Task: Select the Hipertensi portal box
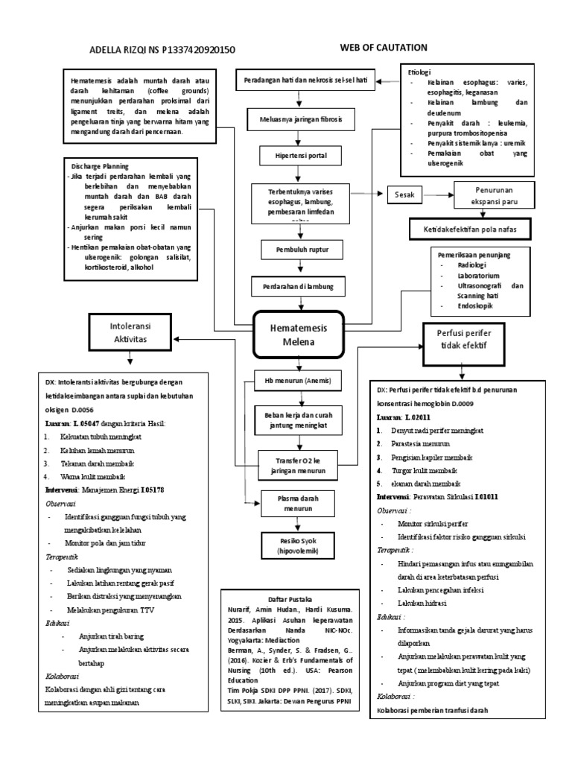coord(298,156)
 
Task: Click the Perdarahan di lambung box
coord(298,286)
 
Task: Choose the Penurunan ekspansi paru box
coord(492,194)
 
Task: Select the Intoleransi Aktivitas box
coord(131,332)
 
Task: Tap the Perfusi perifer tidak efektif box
coord(466,340)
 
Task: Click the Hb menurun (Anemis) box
coord(298,380)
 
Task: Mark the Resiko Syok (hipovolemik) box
coord(298,545)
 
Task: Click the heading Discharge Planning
coord(100,165)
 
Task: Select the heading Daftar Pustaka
coord(290,599)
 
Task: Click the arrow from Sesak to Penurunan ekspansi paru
coord(439,195)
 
